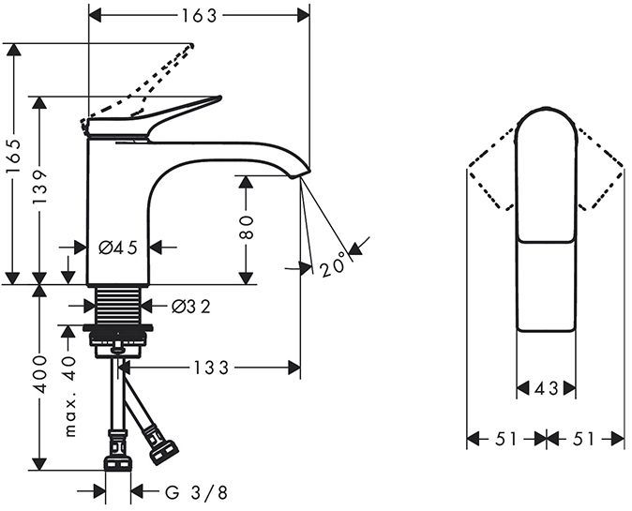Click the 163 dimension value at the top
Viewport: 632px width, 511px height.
pos(199,15)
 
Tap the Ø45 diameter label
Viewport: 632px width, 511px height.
pos(117,248)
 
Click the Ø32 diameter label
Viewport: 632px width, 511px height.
pos(191,306)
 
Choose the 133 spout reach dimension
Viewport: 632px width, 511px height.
pos(212,368)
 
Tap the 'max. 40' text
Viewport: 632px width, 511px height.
pos(68,395)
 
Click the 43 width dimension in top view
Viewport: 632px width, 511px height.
pos(547,386)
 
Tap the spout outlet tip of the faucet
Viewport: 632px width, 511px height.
pos(300,171)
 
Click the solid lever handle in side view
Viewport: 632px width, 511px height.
pos(159,116)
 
